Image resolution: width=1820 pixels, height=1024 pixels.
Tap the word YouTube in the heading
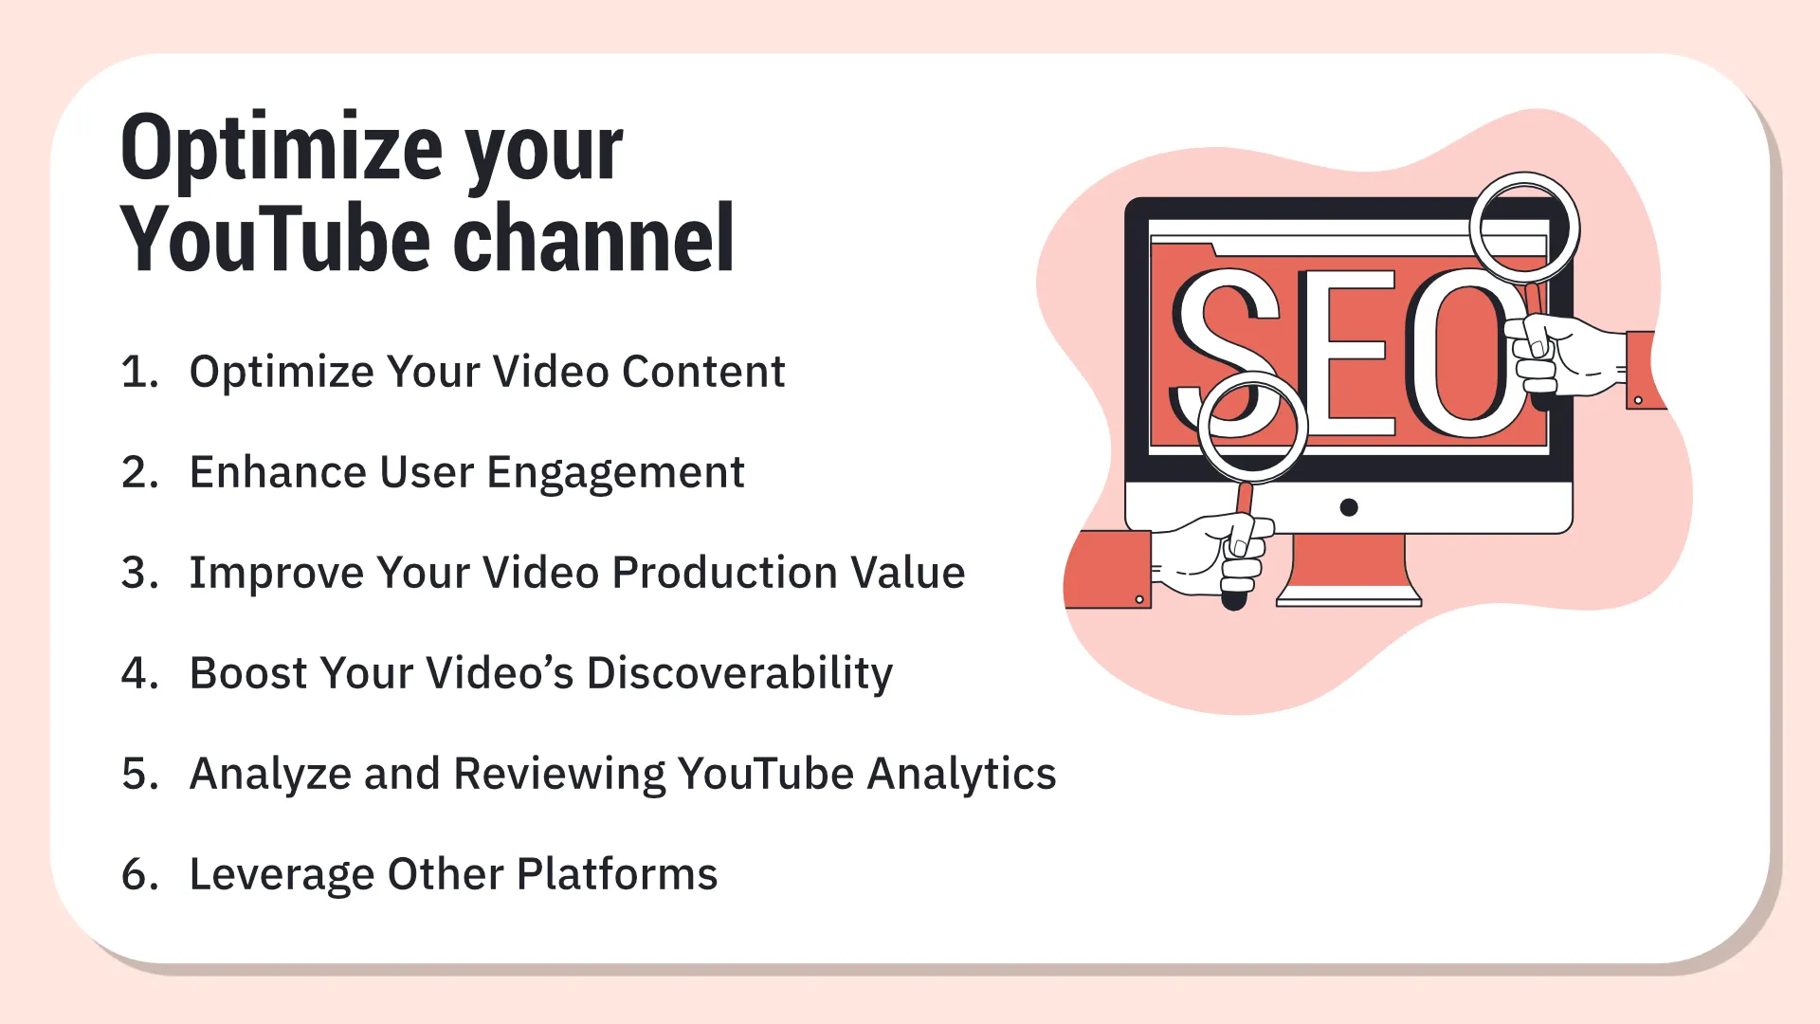coord(276,240)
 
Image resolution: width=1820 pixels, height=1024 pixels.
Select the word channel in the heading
coord(593,240)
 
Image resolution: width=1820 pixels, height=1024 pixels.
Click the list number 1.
coord(139,372)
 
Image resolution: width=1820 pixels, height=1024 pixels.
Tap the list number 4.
coord(139,673)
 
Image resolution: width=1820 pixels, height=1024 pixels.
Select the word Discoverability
coord(739,673)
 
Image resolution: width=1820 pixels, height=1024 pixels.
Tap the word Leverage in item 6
coord(282,874)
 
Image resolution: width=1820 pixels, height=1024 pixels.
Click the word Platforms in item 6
coord(617,874)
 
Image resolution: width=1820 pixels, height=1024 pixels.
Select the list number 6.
coord(139,874)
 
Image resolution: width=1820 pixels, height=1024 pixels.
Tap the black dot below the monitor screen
coord(1349,507)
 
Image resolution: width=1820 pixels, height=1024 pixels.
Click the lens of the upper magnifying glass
coord(1524,229)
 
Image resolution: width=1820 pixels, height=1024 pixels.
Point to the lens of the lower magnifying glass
coord(1252,426)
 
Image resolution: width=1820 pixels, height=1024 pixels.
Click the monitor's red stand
coord(1348,569)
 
